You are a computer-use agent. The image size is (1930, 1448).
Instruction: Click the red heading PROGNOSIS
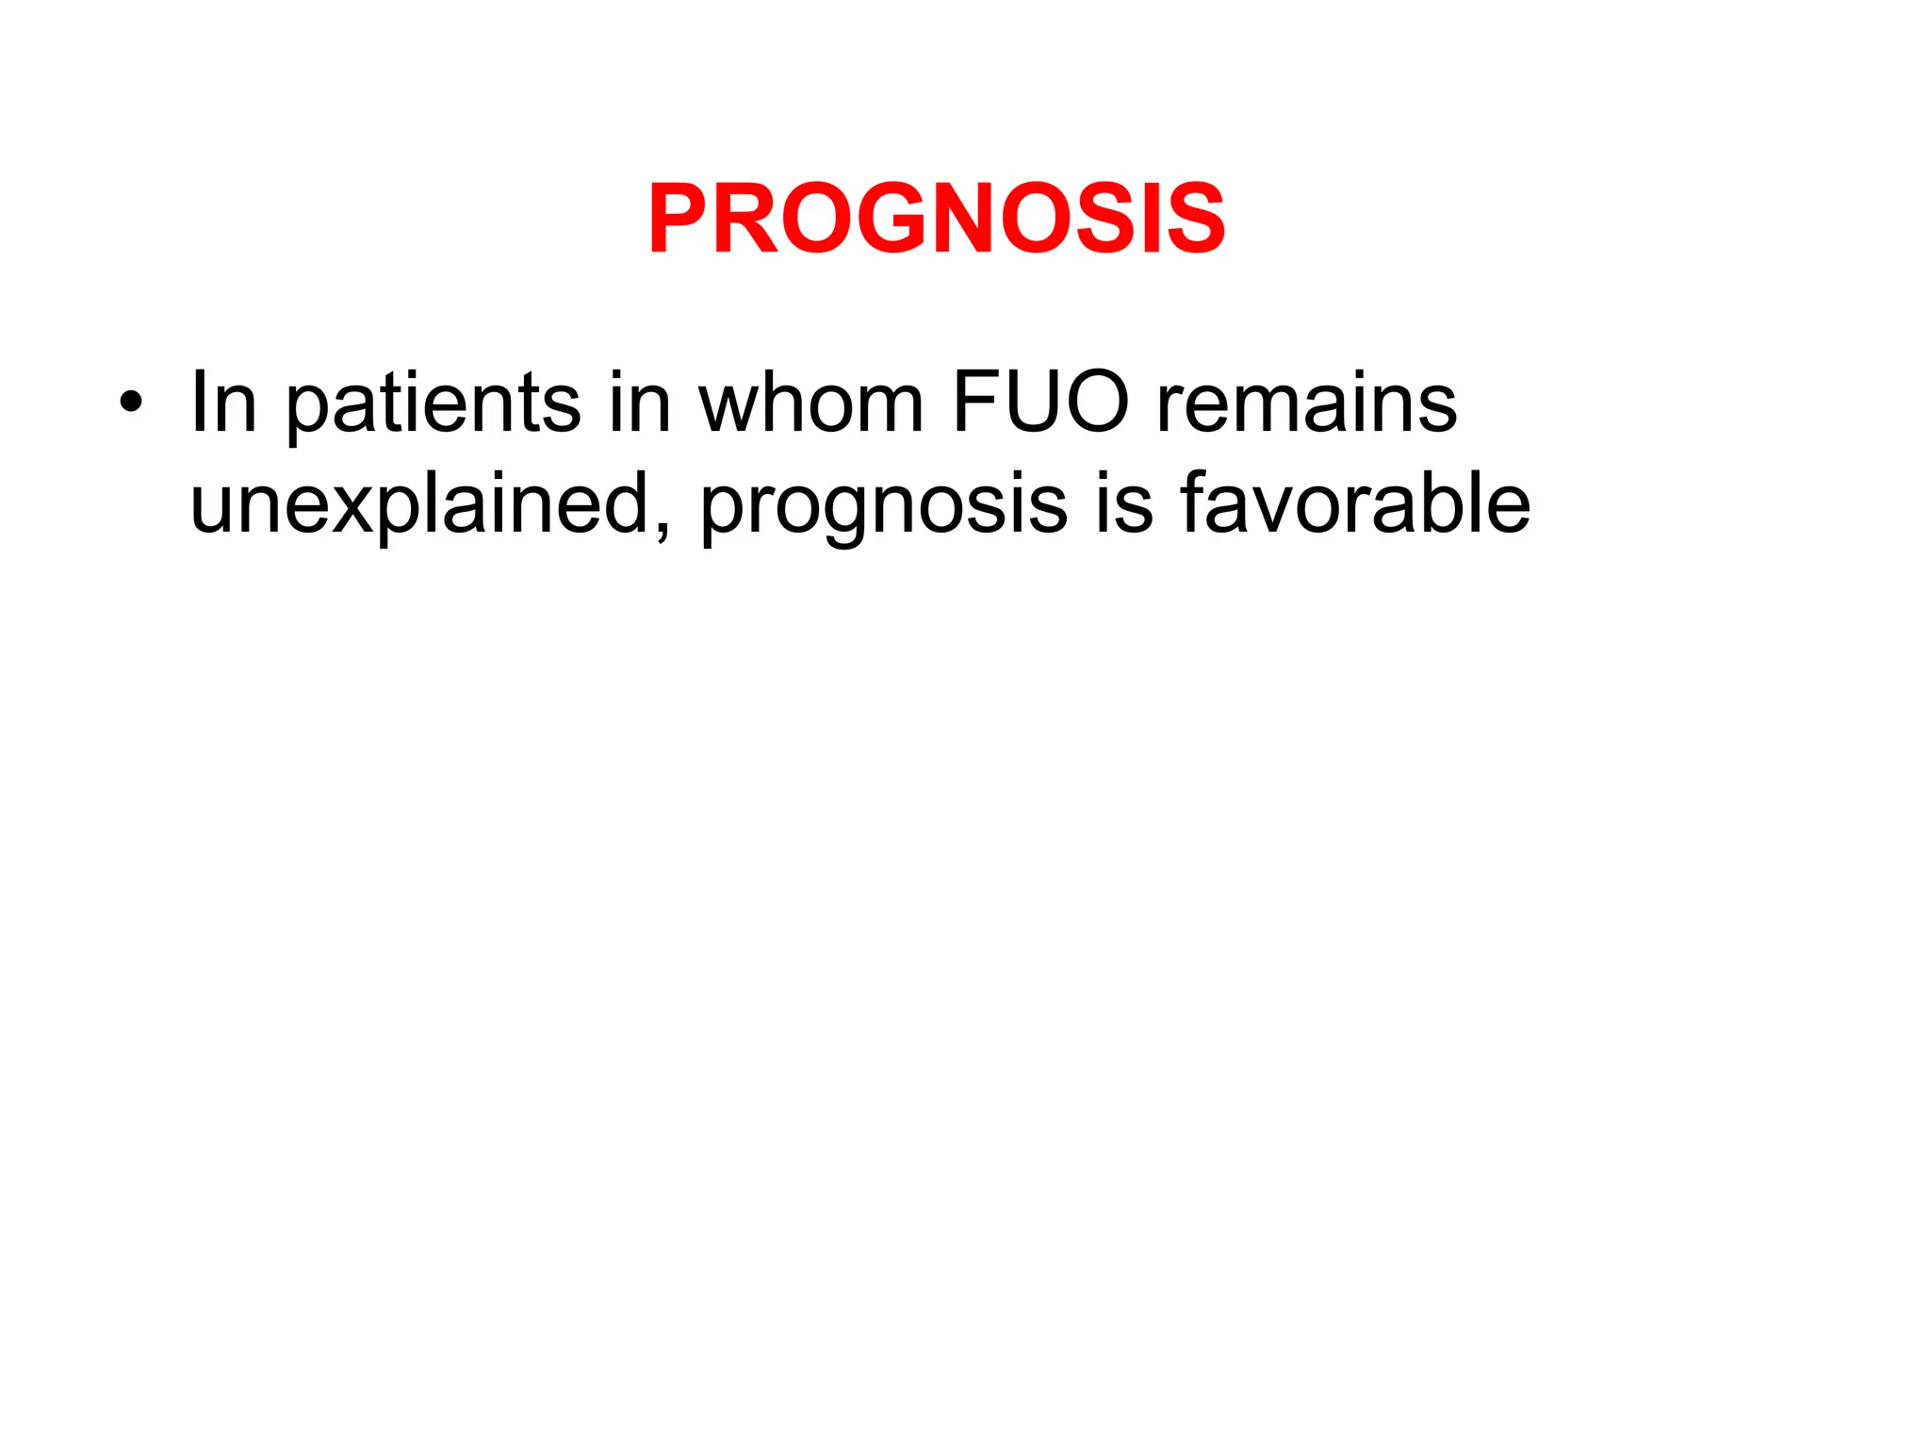tap(936, 219)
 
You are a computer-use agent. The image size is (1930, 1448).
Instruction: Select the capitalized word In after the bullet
tap(223, 403)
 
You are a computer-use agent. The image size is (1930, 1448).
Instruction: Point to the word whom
tap(810, 403)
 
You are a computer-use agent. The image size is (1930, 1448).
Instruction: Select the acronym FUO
tap(1040, 403)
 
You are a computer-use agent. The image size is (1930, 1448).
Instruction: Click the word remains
tap(1306, 403)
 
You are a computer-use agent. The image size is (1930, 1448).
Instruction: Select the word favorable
tap(1355, 503)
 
